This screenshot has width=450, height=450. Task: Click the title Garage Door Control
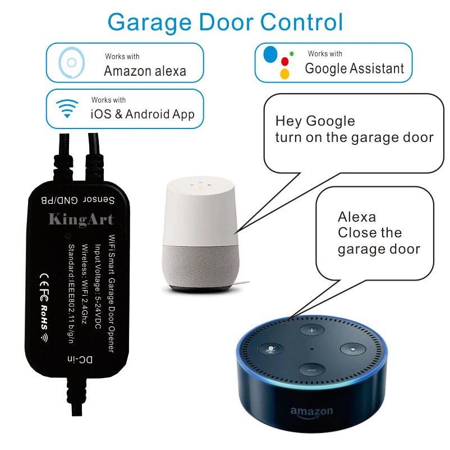225,22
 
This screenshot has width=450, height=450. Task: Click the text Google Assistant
354,68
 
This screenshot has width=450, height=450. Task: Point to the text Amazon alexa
145,71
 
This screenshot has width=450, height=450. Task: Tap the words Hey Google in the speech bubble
315,121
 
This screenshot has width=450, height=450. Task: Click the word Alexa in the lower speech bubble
357,217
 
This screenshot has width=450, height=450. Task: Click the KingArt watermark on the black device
81,219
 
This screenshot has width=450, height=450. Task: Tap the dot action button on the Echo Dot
352,348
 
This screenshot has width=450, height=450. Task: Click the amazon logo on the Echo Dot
311,412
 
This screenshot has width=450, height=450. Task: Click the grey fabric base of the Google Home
200,264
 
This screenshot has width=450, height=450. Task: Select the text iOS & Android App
143,114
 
